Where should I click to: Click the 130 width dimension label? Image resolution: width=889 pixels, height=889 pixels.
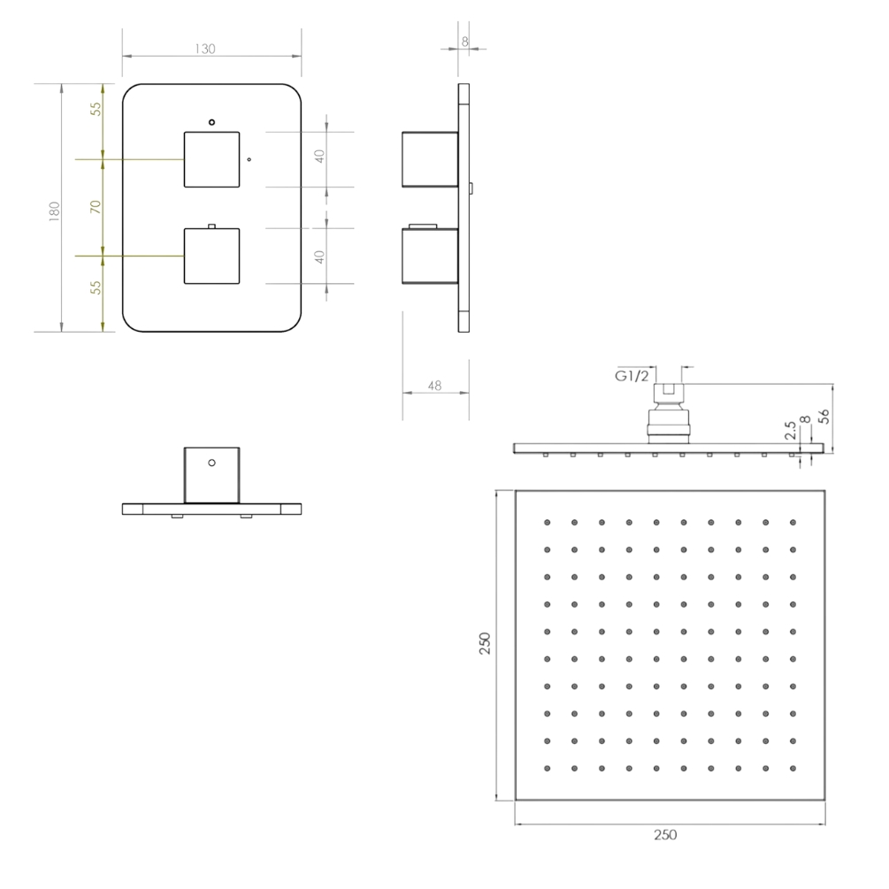(205, 49)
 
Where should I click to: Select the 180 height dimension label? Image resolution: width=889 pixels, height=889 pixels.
(55, 211)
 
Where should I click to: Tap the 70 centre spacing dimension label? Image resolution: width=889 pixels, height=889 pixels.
(96, 207)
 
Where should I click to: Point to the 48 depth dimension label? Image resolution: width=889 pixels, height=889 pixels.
(434, 386)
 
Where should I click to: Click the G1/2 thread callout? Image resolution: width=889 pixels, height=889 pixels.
(632, 376)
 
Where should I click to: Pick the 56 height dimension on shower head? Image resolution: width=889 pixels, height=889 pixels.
(824, 416)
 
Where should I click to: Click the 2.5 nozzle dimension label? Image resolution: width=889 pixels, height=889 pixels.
(791, 430)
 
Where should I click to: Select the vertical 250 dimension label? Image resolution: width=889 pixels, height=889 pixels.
(485, 643)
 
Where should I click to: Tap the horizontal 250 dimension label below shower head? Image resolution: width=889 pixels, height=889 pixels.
(665, 834)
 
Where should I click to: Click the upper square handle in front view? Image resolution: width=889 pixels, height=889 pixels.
(211, 159)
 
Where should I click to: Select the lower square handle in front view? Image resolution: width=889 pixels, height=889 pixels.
(211, 256)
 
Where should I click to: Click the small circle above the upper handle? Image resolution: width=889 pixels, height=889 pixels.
(211, 122)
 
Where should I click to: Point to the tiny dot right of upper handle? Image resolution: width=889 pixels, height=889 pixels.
(249, 159)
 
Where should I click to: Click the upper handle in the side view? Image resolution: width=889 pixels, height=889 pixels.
(430, 159)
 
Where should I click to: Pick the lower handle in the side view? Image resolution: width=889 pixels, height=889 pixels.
(430, 256)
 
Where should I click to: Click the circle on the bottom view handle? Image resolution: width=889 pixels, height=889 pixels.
(211, 463)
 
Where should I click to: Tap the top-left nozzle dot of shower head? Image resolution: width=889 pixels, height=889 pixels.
(548, 522)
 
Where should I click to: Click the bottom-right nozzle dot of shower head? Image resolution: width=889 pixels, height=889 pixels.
(793, 768)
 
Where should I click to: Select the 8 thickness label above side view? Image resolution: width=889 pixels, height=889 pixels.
(465, 42)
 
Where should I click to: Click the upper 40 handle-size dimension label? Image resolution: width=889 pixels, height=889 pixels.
(319, 156)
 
